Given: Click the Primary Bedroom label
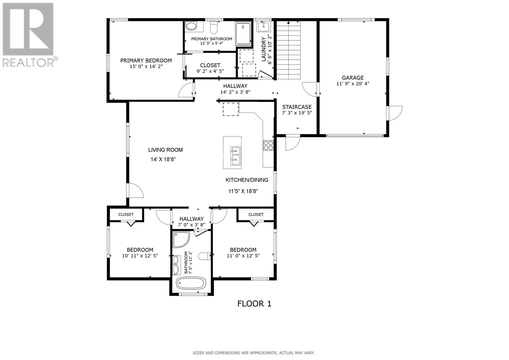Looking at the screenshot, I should coord(146,60).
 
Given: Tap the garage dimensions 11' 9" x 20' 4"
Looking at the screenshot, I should coord(352,84).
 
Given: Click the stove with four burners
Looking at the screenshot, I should coord(268,145).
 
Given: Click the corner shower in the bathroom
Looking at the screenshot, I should coord(181,239).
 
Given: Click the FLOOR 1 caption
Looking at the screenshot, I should coord(254,304).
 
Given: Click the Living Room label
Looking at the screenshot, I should coord(165,150).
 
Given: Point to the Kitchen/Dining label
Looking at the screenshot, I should coord(247,180).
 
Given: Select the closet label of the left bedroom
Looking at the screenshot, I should coord(126,215).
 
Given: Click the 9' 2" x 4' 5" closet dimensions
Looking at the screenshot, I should coord(210,71).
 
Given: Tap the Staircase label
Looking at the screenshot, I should coord(296,107).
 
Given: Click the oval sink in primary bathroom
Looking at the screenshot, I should coord(192,26).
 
